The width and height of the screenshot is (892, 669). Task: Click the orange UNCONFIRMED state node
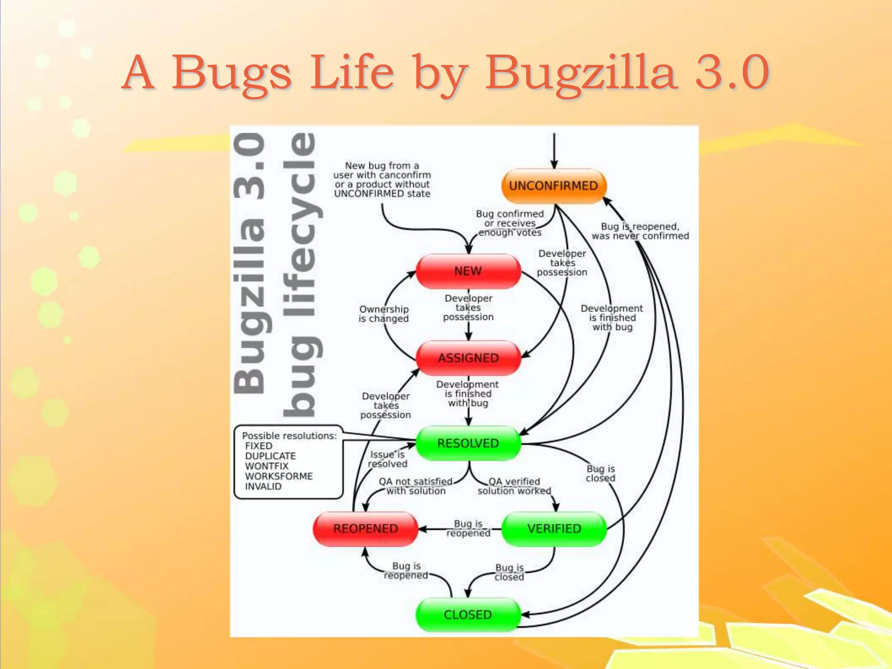[554, 186]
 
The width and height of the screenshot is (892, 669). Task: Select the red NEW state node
[468, 271]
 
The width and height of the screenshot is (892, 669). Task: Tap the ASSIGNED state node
[468, 358]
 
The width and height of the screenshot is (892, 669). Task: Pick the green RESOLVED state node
[468, 443]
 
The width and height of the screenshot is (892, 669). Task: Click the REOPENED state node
[365, 529]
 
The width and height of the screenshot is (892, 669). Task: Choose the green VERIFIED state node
[554, 529]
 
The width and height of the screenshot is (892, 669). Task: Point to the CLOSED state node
[468, 615]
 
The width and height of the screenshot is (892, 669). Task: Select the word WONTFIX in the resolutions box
[267, 466]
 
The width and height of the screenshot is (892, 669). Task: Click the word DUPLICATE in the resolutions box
[270, 456]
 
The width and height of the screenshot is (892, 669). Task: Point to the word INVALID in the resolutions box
[263, 487]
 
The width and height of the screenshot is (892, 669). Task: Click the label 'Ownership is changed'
[384, 314]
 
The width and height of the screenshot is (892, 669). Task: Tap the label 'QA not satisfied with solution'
[416, 486]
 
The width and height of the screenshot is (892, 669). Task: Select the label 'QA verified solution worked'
[514, 486]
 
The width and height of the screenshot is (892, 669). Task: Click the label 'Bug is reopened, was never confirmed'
[640, 231]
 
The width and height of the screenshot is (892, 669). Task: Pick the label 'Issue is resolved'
[387, 459]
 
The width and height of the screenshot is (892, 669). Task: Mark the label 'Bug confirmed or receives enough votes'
[510, 223]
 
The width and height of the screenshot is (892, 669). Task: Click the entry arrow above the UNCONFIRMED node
[554, 150]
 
